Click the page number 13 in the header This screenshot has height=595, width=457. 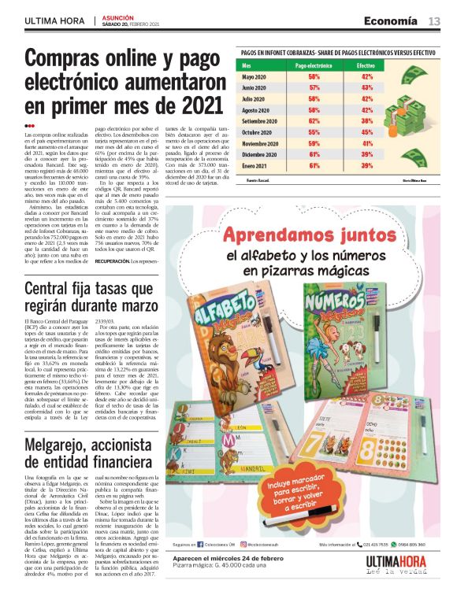tap(434, 20)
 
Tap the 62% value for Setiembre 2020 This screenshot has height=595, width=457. tap(314, 122)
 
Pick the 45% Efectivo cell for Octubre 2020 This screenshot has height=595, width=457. tap(366, 133)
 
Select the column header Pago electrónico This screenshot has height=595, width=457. tap(314, 65)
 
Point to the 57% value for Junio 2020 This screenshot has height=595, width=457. tap(314, 89)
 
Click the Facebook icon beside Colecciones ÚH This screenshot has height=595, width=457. tap(200, 543)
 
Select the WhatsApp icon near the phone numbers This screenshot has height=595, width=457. tap(392, 543)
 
